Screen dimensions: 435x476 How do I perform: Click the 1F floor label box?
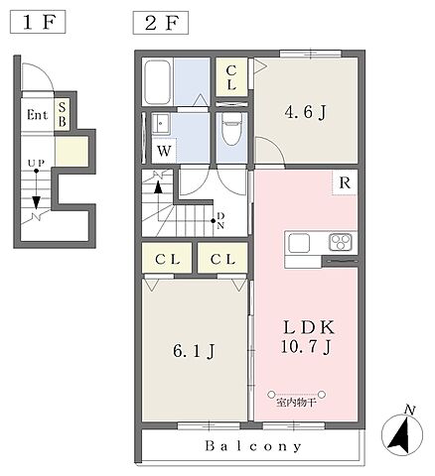click(x=38, y=22)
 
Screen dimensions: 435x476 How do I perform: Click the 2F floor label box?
click(x=161, y=23)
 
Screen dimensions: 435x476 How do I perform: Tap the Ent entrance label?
click(x=37, y=115)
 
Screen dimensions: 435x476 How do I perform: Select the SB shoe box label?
click(x=63, y=114)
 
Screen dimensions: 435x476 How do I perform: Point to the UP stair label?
click(x=36, y=163)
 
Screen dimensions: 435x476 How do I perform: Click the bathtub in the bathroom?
click(x=158, y=81)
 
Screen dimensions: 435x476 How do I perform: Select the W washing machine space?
click(x=164, y=151)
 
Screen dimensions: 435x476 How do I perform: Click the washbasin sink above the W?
click(x=161, y=123)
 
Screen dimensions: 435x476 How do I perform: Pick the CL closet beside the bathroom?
click(x=231, y=77)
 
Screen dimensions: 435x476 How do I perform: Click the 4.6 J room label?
click(x=305, y=112)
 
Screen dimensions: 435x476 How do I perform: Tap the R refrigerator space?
click(x=345, y=182)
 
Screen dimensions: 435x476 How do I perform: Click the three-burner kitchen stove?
click(x=341, y=242)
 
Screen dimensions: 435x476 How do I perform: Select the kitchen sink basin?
click(x=299, y=243)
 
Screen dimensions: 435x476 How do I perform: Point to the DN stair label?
click(x=220, y=221)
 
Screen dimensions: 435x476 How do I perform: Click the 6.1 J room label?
click(x=194, y=351)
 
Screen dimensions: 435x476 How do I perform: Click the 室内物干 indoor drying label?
click(x=296, y=404)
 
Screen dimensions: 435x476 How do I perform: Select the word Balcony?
click(x=253, y=446)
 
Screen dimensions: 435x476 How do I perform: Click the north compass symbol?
click(x=402, y=433)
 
